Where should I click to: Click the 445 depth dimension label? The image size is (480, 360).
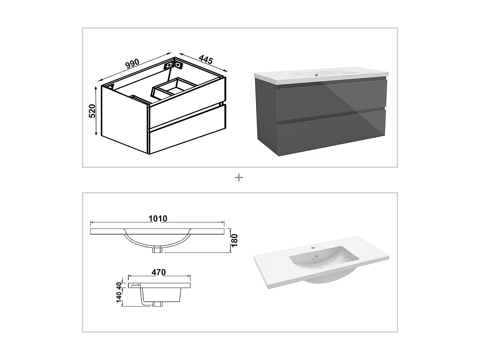(x=206, y=59)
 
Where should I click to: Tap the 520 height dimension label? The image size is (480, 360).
(x=92, y=111)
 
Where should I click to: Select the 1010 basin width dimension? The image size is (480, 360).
(x=158, y=219)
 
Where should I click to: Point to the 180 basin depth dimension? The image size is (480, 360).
(x=235, y=240)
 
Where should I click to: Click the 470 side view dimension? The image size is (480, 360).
(x=159, y=272)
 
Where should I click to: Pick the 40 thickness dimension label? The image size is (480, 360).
(x=119, y=285)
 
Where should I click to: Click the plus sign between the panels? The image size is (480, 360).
(x=239, y=178)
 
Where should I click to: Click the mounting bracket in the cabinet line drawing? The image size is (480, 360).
(x=173, y=65)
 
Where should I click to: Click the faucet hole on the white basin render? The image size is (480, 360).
(x=313, y=248)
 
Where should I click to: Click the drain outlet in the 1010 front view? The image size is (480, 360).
(x=157, y=250)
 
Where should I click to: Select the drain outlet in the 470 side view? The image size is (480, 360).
(x=157, y=304)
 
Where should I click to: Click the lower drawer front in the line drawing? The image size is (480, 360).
(x=187, y=134)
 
